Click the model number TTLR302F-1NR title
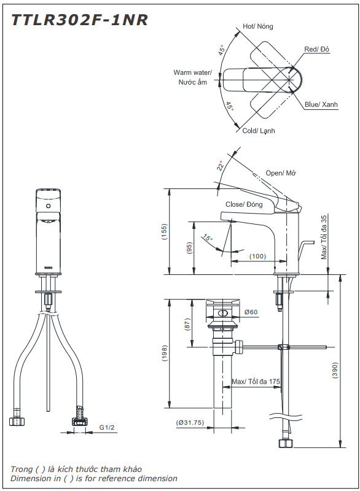pos(79,20)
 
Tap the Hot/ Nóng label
pos(257,26)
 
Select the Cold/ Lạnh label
pos(258,131)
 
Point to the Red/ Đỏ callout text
pos(317,49)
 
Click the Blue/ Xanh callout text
pos(321,105)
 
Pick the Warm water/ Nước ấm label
pos(192,77)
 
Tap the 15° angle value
pos(207,238)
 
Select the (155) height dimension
pos(164,231)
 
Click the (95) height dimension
pos(189,248)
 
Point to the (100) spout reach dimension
pos(257,256)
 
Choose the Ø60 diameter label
pos(251,312)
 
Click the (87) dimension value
pos(188,323)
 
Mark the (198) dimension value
pos(164,354)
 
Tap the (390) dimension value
pos(335,368)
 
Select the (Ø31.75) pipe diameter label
pos(190,423)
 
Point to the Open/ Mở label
pos(281,173)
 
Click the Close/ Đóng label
pos(244,204)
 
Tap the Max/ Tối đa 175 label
pos(256,382)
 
